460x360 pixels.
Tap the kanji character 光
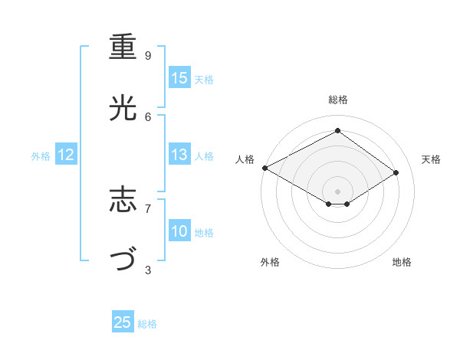click(x=123, y=108)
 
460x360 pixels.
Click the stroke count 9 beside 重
click(x=148, y=56)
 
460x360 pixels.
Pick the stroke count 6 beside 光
click(x=148, y=116)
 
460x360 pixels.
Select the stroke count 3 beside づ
click(x=148, y=270)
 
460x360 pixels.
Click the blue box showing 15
click(x=179, y=78)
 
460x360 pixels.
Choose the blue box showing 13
click(x=179, y=155)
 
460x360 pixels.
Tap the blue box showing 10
click(x=179, y=231)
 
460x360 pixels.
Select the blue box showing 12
click(x=66, y=155)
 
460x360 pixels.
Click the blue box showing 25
click(x=123, y=322)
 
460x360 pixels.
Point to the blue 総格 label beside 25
click(x=147, y=324)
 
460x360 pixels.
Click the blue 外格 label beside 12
click(x=41, y=156)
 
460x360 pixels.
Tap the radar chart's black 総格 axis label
click(x=337, y=100)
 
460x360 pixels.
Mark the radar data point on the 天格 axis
click(x=396, y=172)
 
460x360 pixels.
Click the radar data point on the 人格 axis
click(x=264, y=167)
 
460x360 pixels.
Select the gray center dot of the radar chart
click(x=337, y=191)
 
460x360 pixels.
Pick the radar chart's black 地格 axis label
click(x=402, y=263)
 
